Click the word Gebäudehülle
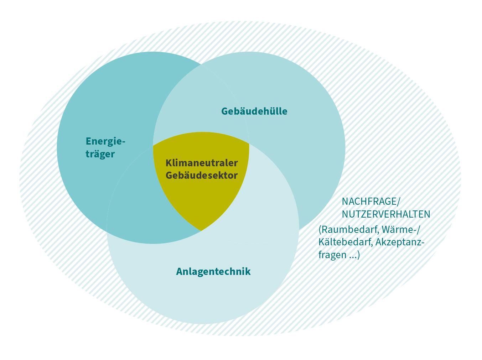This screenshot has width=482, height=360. pos(254,111)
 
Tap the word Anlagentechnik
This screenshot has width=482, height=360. pos(213,272)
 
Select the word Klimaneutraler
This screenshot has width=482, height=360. pos(202,163)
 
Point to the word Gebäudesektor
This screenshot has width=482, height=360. pos(202,176)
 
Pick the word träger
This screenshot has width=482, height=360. pos(100,154)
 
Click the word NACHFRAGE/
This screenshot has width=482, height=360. pos(371,202)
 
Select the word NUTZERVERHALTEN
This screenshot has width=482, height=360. pos(386,214)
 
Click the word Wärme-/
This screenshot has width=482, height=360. pos(401,230)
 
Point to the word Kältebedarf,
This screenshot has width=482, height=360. pos(346,242)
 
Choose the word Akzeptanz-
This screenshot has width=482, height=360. pos(400,242)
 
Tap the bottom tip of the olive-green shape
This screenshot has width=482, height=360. pos(201,231)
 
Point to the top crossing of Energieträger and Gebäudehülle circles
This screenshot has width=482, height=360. pos(201,64)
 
